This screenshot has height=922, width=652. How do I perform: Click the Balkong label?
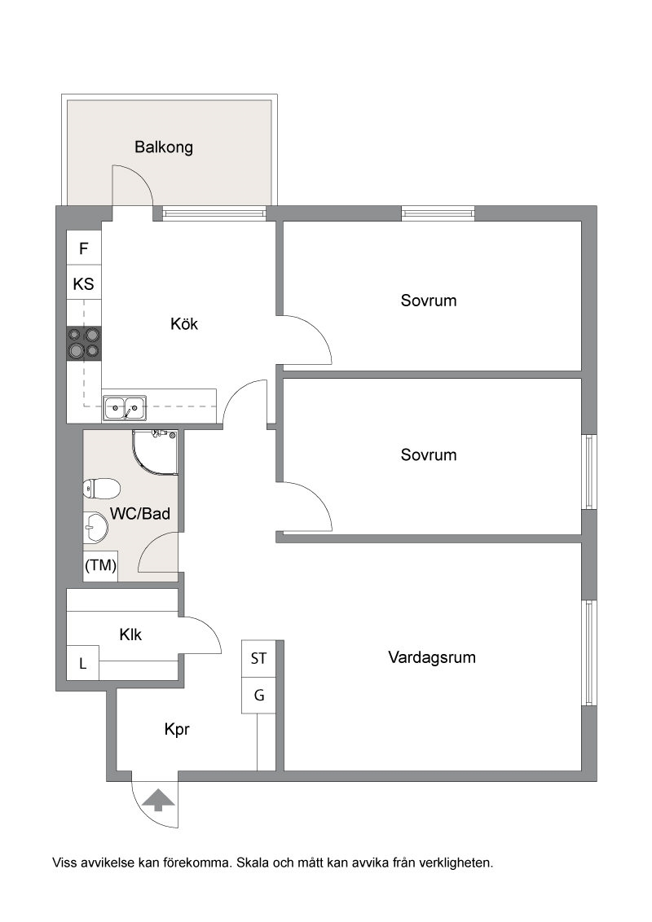(164, 147)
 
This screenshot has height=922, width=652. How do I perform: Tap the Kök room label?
(184, 323)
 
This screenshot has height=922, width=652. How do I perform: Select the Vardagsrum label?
(432, 657)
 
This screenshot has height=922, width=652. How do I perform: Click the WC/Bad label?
(140, 513)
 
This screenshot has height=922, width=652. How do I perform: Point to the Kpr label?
(177, 730)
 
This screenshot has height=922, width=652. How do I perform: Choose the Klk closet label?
(130, 635)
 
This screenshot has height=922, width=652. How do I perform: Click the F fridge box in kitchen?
(84, 248)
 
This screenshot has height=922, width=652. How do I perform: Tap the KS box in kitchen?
(84, 284)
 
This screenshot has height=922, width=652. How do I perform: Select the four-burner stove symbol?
(84, 344)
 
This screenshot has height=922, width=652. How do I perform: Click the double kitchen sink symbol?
(125, 407)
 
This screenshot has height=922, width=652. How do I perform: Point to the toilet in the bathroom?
(102, 488)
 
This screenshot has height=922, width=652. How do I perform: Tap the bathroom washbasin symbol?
(95, 528)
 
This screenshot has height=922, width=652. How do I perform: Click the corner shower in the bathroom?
(155, 452)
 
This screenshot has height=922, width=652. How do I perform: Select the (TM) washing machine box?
(100, 566)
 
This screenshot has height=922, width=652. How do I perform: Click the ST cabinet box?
(258, 659)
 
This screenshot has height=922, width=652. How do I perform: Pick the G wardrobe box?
(258, 696)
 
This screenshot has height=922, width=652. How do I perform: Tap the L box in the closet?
(82, 663)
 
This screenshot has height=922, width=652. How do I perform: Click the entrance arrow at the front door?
(159, 800)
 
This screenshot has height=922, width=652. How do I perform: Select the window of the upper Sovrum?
(438, 213)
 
